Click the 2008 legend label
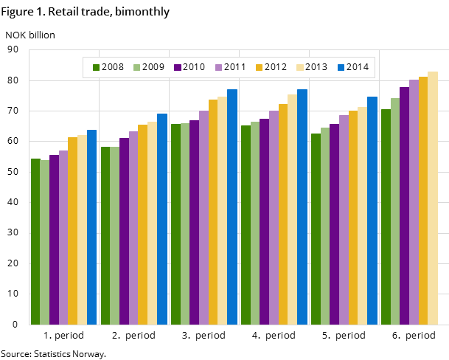[112, 67]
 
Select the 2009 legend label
[153, 67]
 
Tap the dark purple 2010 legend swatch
[178, 67]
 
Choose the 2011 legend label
[234, 67]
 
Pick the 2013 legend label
[316, 67]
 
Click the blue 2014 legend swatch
[341, 67]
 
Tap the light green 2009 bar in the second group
[114, 235]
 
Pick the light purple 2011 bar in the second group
[133, 228]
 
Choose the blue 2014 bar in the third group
[232, 207]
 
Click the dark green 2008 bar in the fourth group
[246, 225]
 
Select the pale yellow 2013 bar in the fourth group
[292, 210]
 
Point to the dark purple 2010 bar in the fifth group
[334, 224]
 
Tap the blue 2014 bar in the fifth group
[372, 210]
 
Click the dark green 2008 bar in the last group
[386, 217]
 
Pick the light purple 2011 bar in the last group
[414, 202]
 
